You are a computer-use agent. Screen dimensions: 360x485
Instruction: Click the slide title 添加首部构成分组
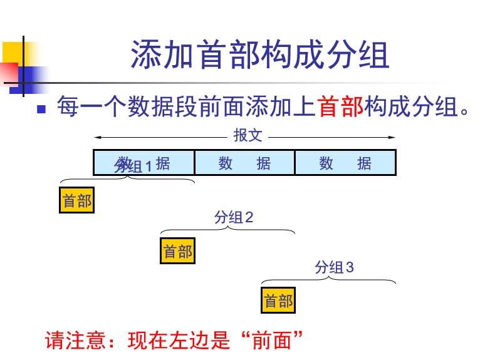[260, 55]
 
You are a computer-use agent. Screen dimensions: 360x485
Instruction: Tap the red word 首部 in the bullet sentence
[341, 107]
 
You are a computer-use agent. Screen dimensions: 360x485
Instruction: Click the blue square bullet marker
[42, 108]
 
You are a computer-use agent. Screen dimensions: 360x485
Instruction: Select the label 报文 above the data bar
[248, 135]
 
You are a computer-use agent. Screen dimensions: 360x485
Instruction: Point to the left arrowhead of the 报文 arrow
[96, 137]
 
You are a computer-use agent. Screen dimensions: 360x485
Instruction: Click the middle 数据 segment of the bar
[244, 163]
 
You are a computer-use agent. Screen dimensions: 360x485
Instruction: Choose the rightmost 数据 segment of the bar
[345, 163]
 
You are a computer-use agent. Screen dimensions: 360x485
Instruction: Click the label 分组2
[234, 217]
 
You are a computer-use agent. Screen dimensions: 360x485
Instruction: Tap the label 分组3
[334, 267]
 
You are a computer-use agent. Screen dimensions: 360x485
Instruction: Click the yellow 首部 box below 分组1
[76, 200]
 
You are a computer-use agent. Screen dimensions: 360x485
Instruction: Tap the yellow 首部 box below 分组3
[278, 301]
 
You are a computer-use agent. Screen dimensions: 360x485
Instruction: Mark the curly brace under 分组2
[227, 230]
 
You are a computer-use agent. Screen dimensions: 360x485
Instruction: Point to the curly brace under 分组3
[328, 280]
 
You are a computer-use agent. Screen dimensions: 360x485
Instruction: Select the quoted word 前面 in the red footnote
[271, 341]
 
